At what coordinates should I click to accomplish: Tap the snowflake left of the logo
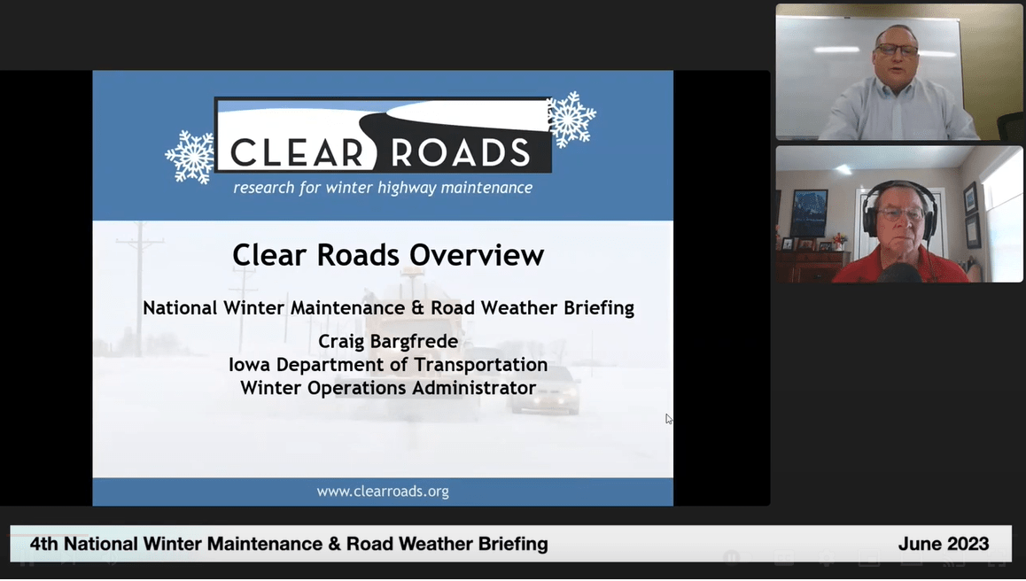click(190, 157)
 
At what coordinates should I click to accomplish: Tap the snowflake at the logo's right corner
click(571, 119)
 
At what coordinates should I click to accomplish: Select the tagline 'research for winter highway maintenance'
click(383, 188)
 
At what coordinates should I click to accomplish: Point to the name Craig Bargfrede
click(388, 342)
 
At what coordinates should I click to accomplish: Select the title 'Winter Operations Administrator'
click(388, 388)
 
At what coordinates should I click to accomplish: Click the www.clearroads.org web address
click(383, 492)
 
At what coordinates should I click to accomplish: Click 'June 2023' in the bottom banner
click(943, 544)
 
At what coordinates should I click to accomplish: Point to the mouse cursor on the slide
click(669, 419)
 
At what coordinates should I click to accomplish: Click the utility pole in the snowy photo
click(140, 283)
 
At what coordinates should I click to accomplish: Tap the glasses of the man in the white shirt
click(897, 50)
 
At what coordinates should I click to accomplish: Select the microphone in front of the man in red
click(899, 274)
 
